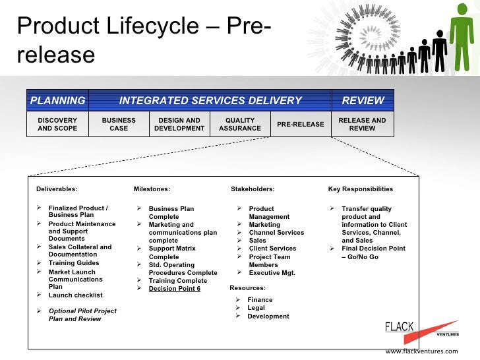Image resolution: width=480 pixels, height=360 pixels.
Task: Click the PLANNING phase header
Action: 57,101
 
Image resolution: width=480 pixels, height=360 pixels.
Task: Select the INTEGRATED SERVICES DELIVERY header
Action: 210,101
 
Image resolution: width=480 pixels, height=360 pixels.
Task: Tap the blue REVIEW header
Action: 363,101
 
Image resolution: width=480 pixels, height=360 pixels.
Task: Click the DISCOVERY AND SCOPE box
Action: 57,124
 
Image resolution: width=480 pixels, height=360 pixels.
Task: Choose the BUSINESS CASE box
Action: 119,124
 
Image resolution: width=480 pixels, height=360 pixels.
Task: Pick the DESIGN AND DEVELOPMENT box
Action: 179,124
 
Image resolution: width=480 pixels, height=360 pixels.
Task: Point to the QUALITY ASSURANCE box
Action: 240,124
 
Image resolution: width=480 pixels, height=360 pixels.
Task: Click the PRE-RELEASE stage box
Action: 301,124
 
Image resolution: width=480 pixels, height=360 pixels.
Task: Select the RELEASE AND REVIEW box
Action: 362,124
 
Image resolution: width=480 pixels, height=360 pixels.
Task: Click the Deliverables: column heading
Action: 57,189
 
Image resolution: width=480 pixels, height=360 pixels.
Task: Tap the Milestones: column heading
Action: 152,189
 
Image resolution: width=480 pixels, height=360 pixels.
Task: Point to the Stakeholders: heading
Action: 253,189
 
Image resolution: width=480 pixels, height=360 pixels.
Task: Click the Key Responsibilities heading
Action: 360,189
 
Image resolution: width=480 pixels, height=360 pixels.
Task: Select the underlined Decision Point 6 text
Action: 174,289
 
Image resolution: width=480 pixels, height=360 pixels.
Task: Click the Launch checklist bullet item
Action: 75,295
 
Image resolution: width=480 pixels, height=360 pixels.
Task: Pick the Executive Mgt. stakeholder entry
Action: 272,272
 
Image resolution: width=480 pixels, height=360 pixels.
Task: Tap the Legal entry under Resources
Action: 256,308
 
